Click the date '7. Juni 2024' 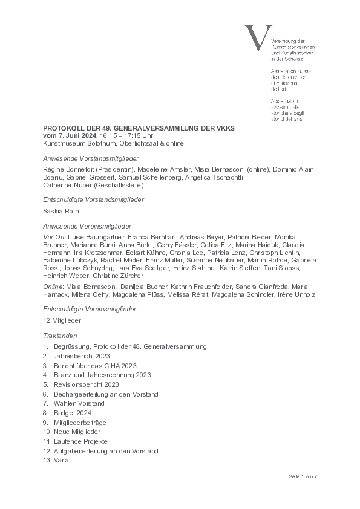[x=76, y=136]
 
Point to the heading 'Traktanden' [x=60, y=334]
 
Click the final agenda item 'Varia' [x=61, y=460]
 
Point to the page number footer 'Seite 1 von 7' [x=303, y=476]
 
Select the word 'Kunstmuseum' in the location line [x=62, y=144]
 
